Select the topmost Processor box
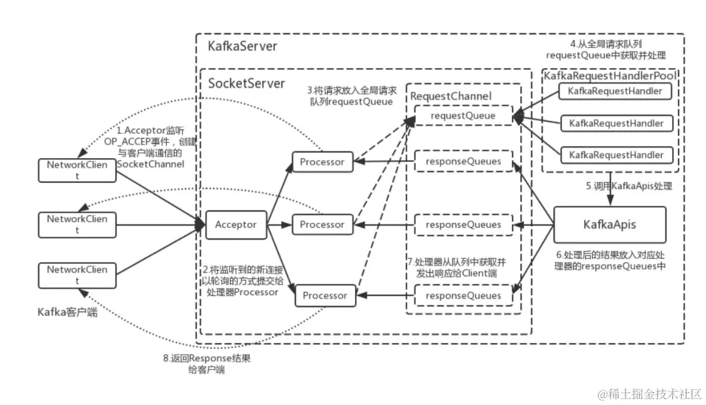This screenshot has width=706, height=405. pos(322,161)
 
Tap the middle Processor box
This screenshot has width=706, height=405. pos(322,225)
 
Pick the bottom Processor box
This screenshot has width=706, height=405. pos(324,295)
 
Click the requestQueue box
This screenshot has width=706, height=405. pos(463,116)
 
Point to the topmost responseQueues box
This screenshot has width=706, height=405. pos(463,161)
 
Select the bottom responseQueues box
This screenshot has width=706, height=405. pos(463,296)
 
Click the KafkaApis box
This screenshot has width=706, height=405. pos(609,225)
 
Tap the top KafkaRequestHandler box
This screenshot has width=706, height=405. pos(616,91)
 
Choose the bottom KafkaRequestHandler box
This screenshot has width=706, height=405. pos(616,155)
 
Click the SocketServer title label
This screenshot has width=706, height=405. pos(246,84)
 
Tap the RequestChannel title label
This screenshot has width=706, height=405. pos(450,96)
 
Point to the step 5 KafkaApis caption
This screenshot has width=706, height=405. pos(628,186)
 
